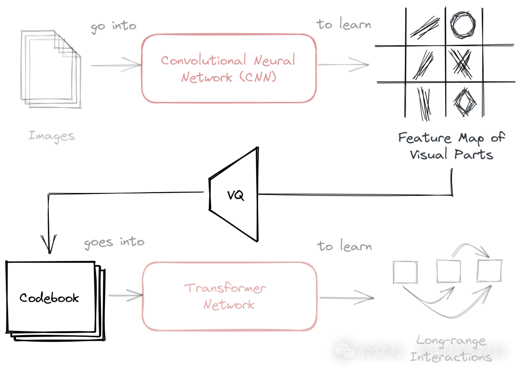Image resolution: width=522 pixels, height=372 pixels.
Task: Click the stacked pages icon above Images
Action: click(x=51, y=69)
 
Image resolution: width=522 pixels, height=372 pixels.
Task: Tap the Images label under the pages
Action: click(x=52, y=136)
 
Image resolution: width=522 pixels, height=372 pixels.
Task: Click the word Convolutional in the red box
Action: click(x=198, y=61)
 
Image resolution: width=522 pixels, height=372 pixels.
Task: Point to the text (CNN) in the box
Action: click(x=256, y=77)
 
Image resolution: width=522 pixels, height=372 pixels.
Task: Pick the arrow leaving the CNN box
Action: click(x=343, y=64)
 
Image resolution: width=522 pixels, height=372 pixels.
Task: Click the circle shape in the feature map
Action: click(x=463, y=26)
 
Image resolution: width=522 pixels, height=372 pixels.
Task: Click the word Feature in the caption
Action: click(x=419, y=138)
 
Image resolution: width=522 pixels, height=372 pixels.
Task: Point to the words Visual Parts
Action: click(x=451, y=154)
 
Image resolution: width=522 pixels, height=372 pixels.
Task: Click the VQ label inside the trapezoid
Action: click(x=236, y=195)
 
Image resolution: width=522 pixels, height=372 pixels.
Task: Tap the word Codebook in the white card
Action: click(x=49, y=298)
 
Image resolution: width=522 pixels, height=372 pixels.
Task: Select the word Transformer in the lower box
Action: click(x=225, y=289)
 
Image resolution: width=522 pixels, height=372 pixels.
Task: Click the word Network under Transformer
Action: click(x=229, y=305)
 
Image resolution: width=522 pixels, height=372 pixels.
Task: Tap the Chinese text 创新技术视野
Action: click(x=462, y=351)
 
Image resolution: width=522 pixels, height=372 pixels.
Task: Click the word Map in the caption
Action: click(x=471, y=138)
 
